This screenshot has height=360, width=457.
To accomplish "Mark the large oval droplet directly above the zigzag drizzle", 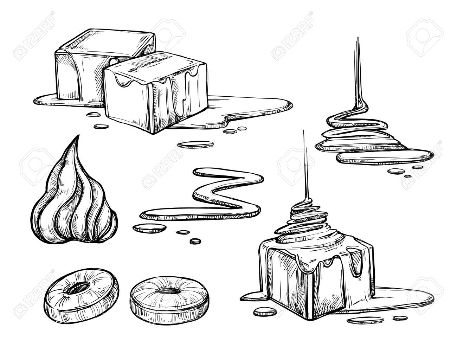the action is click(x=195, y=144).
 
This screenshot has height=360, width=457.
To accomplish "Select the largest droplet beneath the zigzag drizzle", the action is click(x=149, y=228).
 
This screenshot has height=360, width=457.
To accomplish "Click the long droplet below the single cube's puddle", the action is click(x=365, y=320).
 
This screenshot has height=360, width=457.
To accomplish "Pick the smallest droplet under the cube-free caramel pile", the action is click(x=407, y=176).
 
